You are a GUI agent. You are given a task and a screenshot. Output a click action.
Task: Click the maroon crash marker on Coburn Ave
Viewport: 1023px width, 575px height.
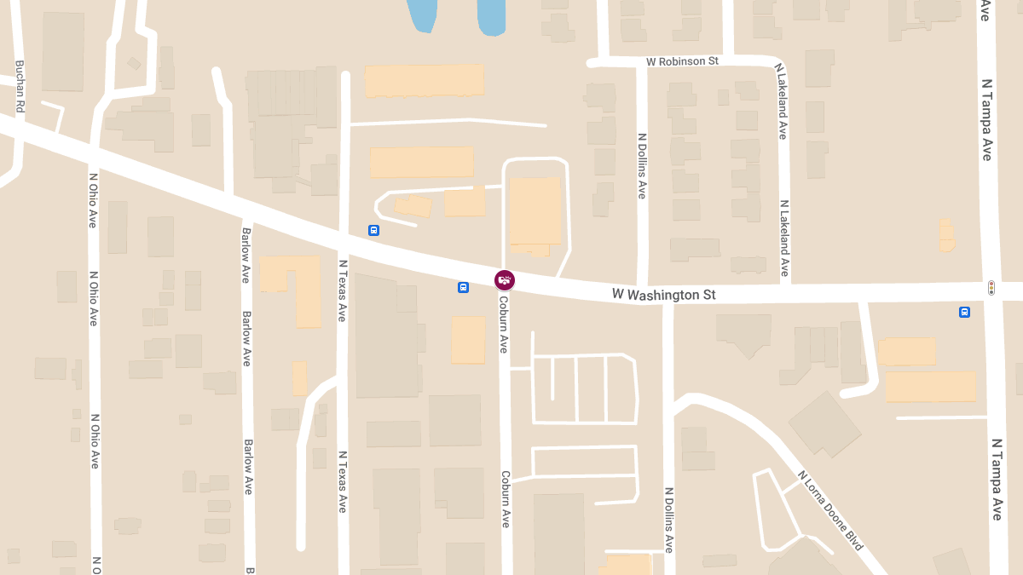(505, 279)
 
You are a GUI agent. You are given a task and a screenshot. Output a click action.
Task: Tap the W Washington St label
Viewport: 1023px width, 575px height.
(664, 295)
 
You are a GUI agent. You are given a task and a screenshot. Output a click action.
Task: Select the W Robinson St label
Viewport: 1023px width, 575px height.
(682, 62)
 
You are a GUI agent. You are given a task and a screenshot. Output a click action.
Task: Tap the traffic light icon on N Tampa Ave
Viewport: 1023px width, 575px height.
(991, 288)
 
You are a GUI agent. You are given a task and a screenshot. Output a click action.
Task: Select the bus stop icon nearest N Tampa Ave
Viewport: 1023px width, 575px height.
(964, 312)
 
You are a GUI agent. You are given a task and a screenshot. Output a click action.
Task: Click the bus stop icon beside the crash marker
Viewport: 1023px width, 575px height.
(463, 287)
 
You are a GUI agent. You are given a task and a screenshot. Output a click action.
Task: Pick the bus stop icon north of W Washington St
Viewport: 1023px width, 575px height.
(373, 230)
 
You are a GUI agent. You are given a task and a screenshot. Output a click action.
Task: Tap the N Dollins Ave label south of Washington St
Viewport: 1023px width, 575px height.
(669, 520)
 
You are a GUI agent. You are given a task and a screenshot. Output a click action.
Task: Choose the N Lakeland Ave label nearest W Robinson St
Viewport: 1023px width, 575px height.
(780, 101)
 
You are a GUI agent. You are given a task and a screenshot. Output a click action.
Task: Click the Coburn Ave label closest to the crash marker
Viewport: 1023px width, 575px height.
(503, 324)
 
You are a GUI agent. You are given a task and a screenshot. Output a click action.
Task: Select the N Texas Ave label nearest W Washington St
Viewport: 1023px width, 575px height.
(342, 290)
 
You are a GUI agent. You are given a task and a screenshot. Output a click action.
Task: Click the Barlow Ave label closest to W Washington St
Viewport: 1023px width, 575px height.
(246, 256)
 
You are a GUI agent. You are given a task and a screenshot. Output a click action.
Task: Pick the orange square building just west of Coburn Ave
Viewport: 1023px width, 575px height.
(467, 340)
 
